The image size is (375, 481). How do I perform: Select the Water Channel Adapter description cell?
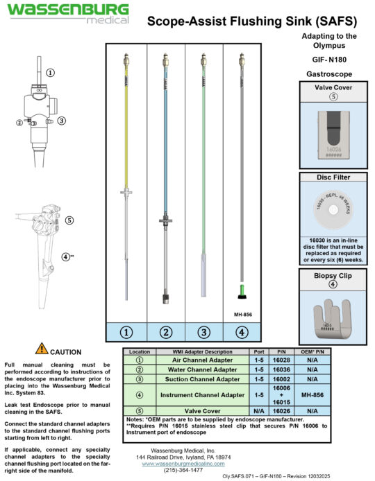tap(206, 370)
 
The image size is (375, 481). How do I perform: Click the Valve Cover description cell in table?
tap(206, 410)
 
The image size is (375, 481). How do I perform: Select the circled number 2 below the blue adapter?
tap(166, 331)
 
